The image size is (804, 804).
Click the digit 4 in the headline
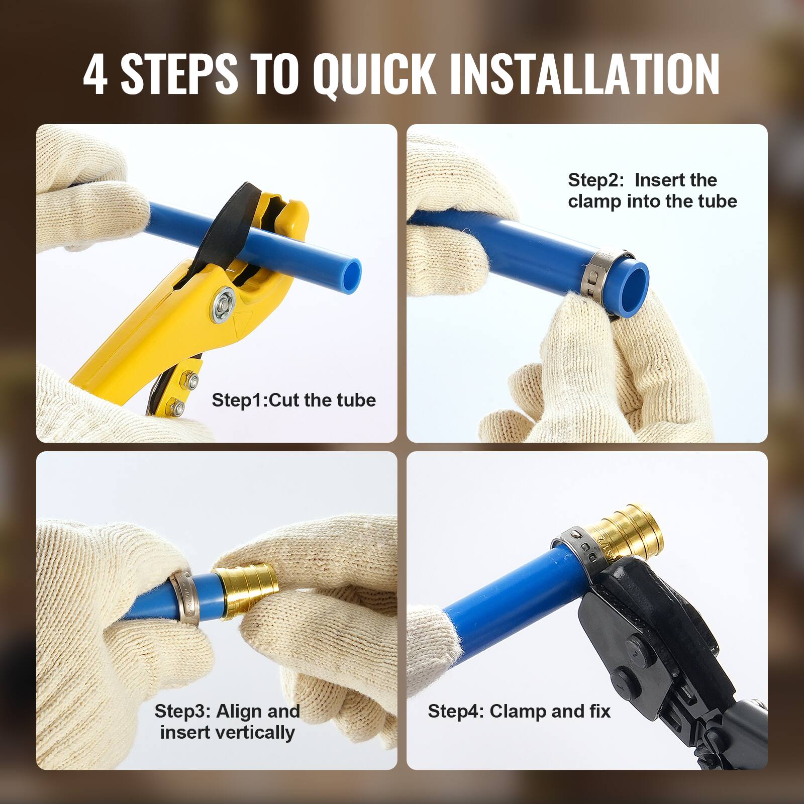(x=95, y=74)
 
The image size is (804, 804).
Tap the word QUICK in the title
(x=374, y=74)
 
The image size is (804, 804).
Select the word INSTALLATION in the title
(x=584, y=74)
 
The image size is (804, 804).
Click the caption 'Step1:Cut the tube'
(x=293, y=400)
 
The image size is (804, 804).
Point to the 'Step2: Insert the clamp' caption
(x=652, y=190)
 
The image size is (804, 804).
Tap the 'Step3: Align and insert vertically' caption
(x=227, y=722)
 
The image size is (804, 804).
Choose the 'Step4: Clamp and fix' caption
(x=519, y=711)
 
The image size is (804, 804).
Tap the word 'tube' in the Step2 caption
(x=717, y=201)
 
